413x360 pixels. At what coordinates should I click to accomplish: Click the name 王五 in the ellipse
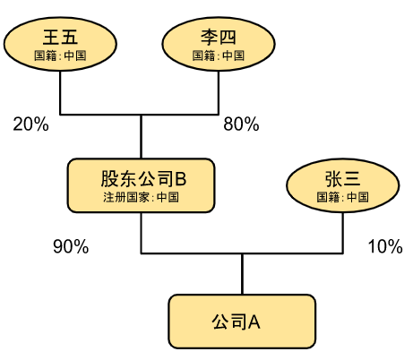point(60,37)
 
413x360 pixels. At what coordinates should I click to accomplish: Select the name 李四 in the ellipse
point(219,37)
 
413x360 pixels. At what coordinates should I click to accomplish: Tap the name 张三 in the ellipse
point(342,179)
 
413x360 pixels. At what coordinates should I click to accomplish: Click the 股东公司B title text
point(143,178)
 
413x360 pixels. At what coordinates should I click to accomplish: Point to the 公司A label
point(236,322)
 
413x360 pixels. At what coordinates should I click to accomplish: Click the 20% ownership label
point(30,124)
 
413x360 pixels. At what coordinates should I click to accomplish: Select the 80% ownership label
point(241,124)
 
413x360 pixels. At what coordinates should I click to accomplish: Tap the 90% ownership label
point(71,246)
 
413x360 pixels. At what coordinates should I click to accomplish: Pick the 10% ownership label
point(385,246)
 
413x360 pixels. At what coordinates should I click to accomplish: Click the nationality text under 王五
point(60,56)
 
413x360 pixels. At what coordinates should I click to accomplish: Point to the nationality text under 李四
point(219,56)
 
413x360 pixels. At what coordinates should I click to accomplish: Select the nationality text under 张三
point(342,197)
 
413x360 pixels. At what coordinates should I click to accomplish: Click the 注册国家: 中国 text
point(141,197)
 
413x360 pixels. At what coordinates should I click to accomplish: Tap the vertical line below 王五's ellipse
point(60,92)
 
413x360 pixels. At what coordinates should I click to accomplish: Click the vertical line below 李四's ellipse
point(219,92)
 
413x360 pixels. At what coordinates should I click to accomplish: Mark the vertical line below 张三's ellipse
point(343,233)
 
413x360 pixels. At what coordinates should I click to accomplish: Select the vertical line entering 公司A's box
point(242,274)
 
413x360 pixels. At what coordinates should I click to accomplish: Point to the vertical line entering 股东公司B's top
point(142,136)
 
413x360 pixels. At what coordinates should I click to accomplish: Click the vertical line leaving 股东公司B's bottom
point(142,233)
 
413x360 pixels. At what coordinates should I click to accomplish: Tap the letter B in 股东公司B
point(181,178)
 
